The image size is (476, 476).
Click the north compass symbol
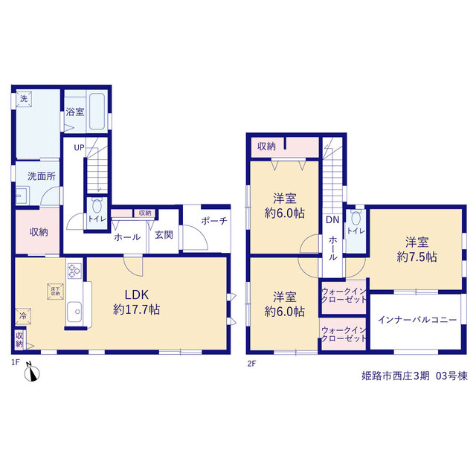(x=31, y=372)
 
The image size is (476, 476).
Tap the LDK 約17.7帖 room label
(x=137, y=302)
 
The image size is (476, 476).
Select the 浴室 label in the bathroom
(x=75, y=112)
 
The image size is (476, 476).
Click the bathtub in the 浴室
(x=97, y=112)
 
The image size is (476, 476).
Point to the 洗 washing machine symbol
(x=24, y=98)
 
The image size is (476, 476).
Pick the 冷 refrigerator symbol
(x=23, y=316)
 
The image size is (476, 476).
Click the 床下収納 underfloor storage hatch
(x=56, y=292)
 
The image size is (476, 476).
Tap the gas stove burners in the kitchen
(x=74, y=271)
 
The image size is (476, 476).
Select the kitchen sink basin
(x=74, y=312)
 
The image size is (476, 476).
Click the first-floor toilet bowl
(x=97, y=206)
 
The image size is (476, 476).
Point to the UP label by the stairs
(x=80, y=148)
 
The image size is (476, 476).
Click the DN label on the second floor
(x=332, y=220)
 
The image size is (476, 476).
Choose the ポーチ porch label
(x=214, y=221)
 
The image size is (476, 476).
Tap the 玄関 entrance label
(x=164, y=235)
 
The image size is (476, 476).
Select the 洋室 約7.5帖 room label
(x=416, y=250)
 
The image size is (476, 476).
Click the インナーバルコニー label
(x=417, y=320)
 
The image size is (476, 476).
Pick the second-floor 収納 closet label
(x=266, y=147)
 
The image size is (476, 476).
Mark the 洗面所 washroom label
(x=42, y=176)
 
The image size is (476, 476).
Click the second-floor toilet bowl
(x=356, y=217)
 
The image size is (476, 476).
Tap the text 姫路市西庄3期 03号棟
(x=414, y=376)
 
